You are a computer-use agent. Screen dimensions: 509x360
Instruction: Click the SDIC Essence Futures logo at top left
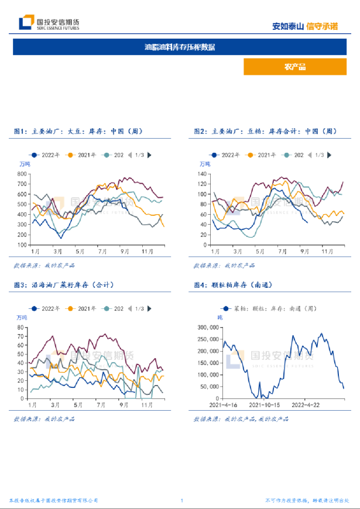pos(50,23)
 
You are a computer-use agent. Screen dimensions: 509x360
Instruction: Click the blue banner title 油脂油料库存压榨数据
pos(180,47)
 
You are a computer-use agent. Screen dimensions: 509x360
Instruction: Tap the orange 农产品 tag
pos(294,67)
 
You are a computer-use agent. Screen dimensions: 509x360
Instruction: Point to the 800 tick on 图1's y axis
pos(23,174)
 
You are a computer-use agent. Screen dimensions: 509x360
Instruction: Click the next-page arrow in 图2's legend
pos(330,155)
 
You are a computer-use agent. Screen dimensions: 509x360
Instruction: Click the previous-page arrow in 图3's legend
pos(130,308)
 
